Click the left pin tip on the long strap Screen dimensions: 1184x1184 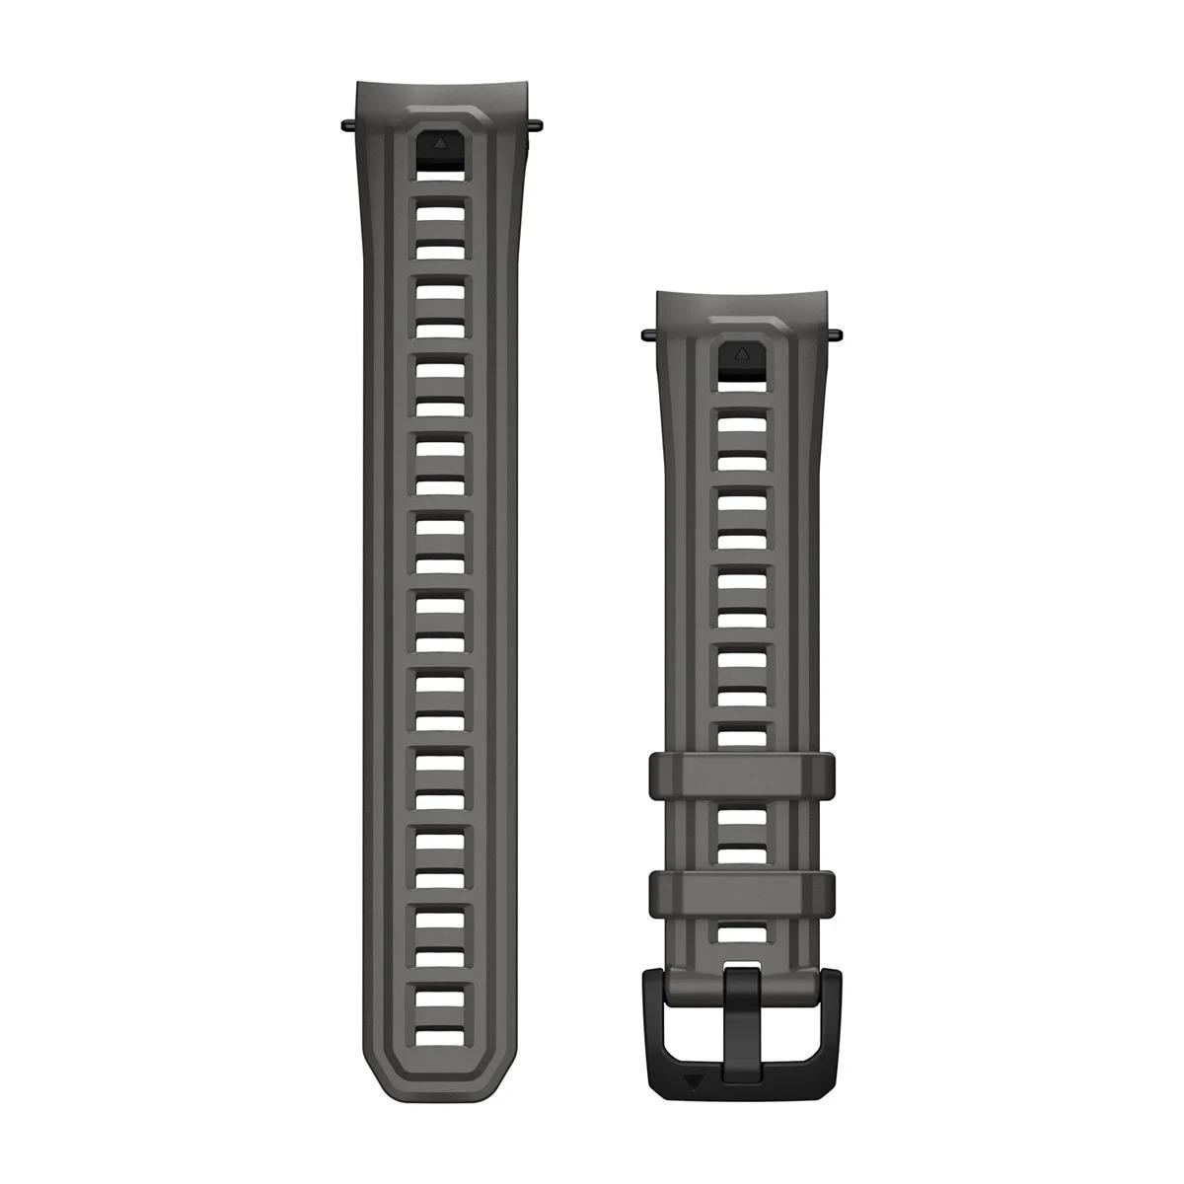344,124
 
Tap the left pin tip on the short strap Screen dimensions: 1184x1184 645,333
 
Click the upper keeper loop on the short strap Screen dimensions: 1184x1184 741,777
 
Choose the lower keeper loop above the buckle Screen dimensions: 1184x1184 741,893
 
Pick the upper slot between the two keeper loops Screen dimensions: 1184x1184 741,818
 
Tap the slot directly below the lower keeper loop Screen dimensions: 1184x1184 741,933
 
